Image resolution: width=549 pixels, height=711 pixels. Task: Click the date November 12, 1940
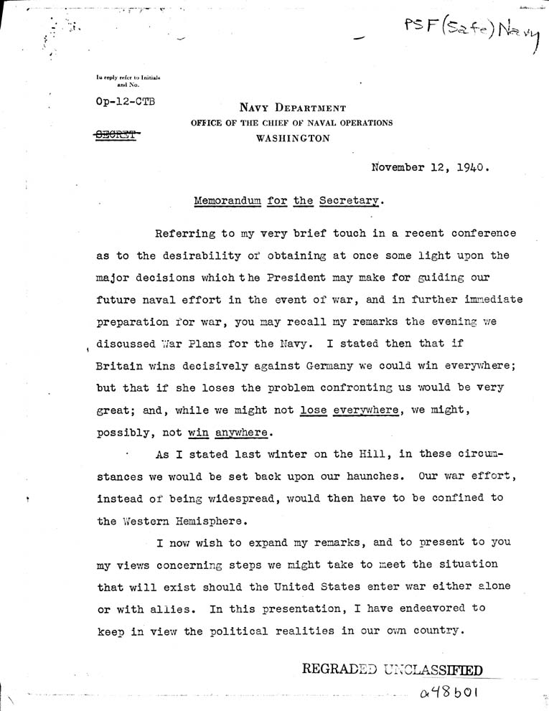tap(431, 169)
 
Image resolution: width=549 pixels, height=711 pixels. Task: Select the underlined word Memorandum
tap(228, 202)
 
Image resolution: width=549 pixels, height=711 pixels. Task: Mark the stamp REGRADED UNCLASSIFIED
tap(392, 669)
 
